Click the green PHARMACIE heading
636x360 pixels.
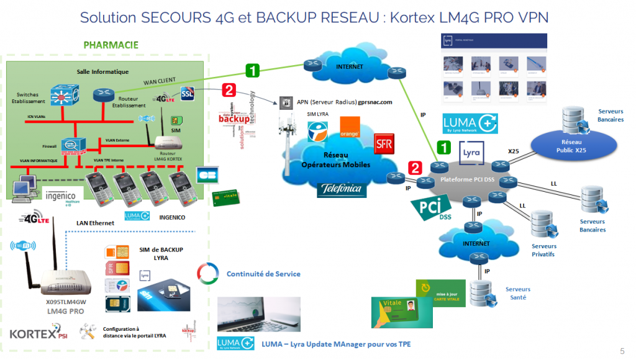click(x=111, y=45)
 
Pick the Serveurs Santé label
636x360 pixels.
click(x=517, y=294)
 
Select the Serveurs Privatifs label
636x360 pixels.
click(x=543, y=250)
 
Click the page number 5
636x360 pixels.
click(x=622, y=349)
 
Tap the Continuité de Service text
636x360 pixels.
click(x=263, y=274)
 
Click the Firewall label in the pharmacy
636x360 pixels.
click(x=32, y=146)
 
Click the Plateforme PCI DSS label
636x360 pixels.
click(x=468, y=179)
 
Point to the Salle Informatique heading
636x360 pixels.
click(x=102, y=71)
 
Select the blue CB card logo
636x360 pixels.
click(x=209, y=175)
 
